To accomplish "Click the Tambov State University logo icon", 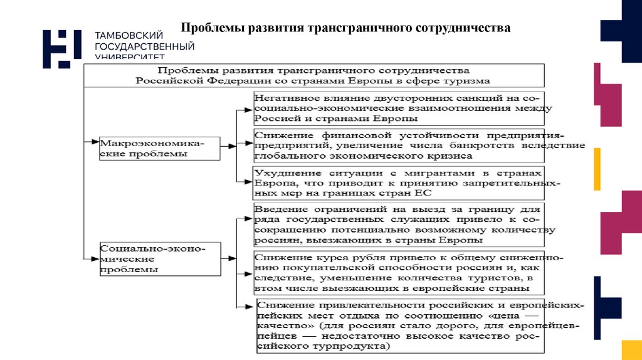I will pos(61,48).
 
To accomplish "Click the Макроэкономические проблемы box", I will pos(160,148).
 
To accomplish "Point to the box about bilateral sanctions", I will pos(398,108).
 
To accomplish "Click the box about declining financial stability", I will pos(419,145).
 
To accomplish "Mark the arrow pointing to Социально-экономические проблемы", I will pos(92,258).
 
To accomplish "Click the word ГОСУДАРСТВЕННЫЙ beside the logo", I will pos(144,47).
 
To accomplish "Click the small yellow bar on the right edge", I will pos(597,169).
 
